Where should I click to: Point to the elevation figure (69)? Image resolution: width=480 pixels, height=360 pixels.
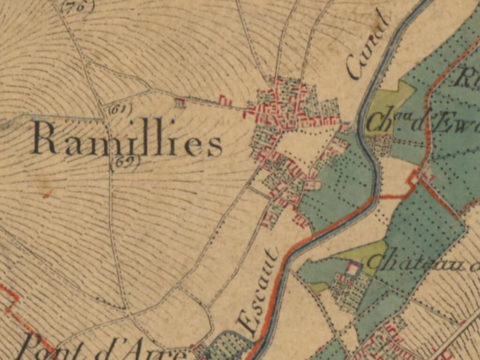tap(125, 161)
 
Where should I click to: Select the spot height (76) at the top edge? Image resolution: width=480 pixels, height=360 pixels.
tap(77, 5)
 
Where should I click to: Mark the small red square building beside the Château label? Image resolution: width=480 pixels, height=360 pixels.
tap(352, 268)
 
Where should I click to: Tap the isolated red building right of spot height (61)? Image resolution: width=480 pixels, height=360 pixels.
tap(180, 101)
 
